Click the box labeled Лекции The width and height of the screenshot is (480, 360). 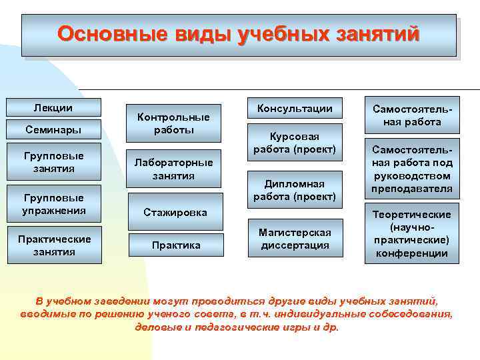point(53,107)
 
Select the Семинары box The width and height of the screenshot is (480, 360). point(53,128)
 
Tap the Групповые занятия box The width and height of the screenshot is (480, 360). point(53,162)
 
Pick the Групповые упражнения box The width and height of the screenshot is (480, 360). point(53,204)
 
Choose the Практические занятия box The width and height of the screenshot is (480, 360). point(53,245)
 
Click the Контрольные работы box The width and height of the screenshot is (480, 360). point(173,123)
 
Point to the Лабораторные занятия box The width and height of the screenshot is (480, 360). point(173,169)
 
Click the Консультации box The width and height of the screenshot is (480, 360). point(295,109)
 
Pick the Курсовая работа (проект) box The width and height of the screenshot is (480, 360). point(295,141)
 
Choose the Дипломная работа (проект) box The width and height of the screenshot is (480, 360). point(295,190)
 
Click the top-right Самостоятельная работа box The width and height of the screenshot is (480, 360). point(411,115)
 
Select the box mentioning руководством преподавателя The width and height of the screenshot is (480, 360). point(411,169)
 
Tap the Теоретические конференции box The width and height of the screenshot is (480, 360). point(411,233)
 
